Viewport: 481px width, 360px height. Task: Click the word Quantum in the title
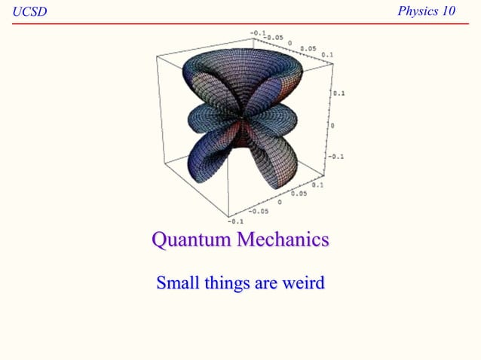point(191,240)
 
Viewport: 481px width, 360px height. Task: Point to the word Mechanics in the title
point(284,240)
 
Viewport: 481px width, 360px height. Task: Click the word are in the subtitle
point(265,284)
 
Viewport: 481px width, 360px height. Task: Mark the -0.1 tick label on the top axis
point(257,32)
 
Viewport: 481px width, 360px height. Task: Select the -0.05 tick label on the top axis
point(273,36)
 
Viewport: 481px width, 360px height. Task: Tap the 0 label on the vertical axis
point(332,126)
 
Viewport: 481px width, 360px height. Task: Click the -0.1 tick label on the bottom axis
point(235,221)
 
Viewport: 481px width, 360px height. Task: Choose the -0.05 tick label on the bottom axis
point(258,212)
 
